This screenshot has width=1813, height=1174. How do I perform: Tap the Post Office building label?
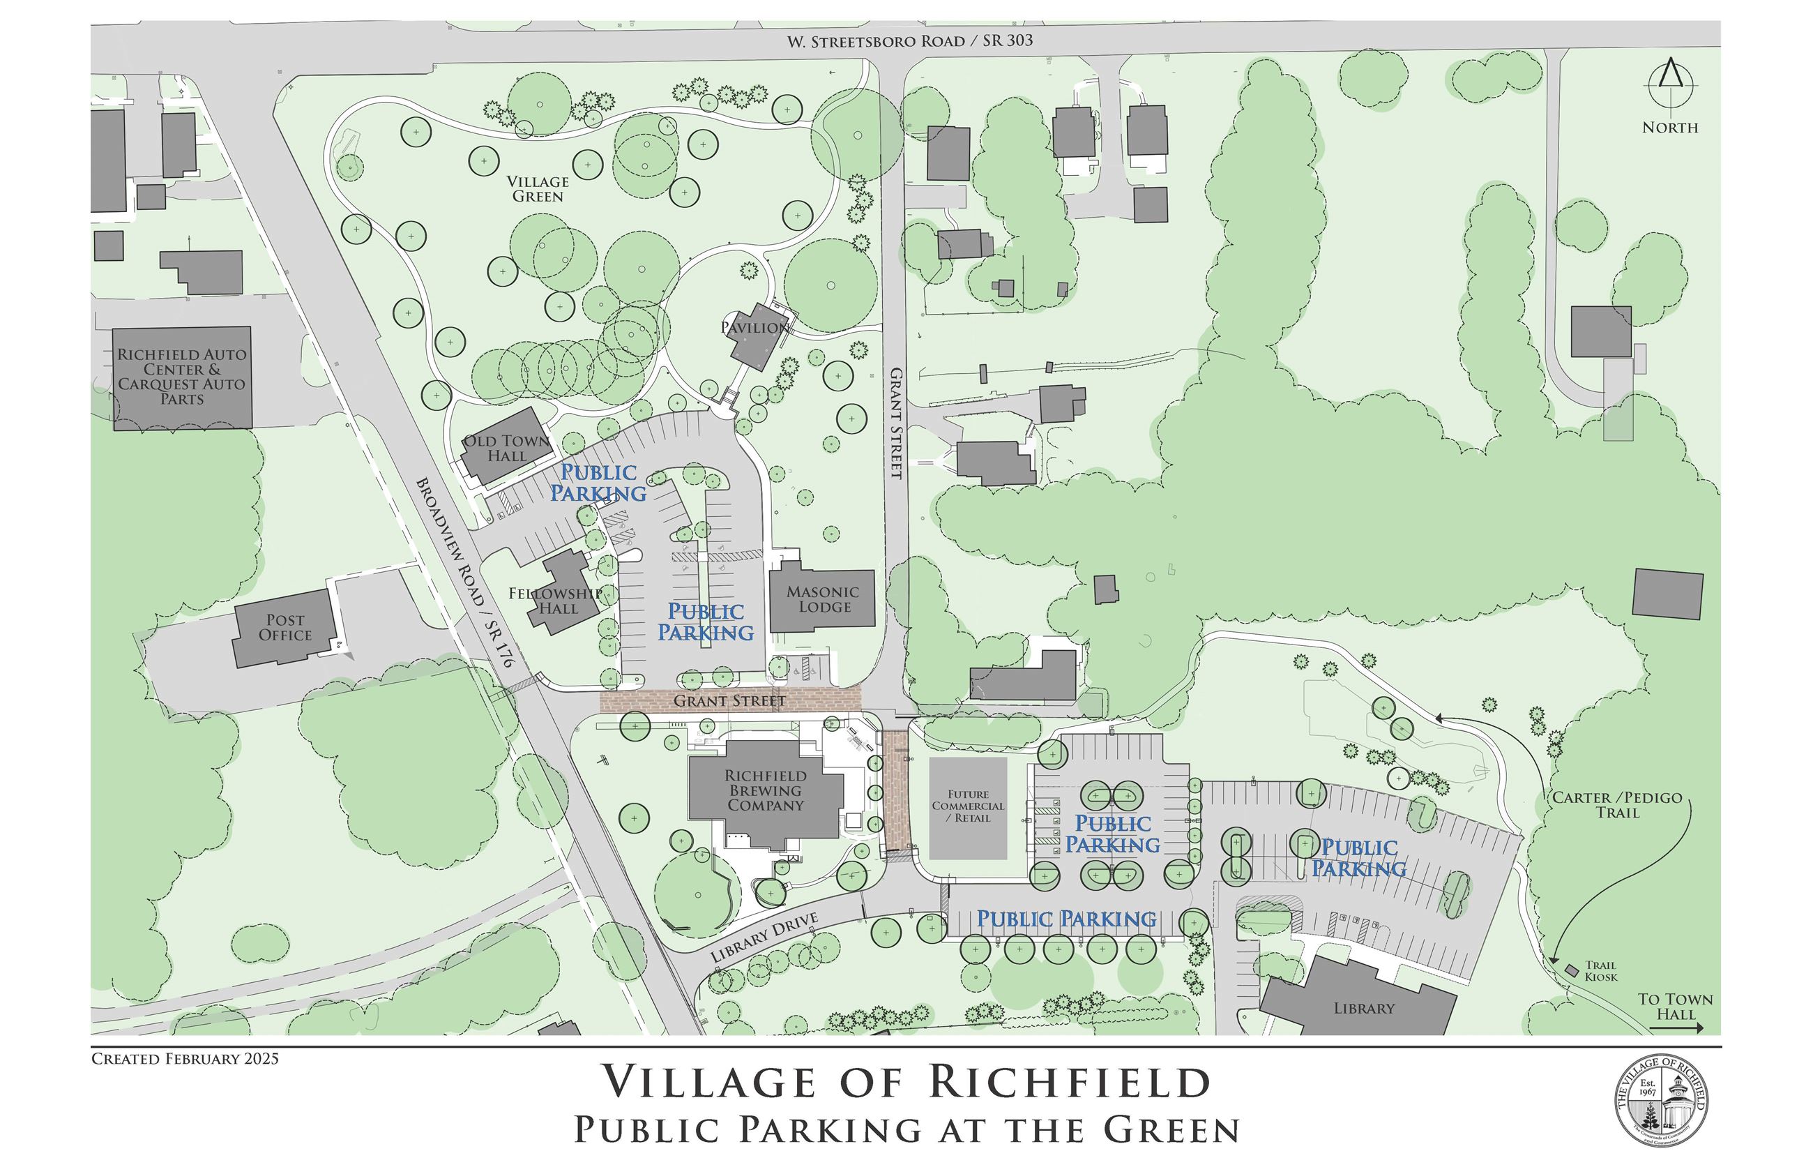[285, 628]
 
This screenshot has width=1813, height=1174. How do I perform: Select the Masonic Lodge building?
[822, 601]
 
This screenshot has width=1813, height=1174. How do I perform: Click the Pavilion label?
[754, 328]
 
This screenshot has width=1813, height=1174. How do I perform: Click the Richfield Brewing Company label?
[766, 791]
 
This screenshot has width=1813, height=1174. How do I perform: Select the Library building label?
[1363, 1008]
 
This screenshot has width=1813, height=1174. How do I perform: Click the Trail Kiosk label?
[1600, 970]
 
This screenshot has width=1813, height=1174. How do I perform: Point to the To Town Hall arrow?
[1676, 1028]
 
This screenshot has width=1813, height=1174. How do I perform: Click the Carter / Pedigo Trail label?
[1617, 804]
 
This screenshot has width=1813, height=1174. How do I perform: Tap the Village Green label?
[538, 189]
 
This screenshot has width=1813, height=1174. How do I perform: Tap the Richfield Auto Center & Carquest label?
[181, 377]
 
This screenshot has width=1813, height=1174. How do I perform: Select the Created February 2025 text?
[185, 1059]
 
